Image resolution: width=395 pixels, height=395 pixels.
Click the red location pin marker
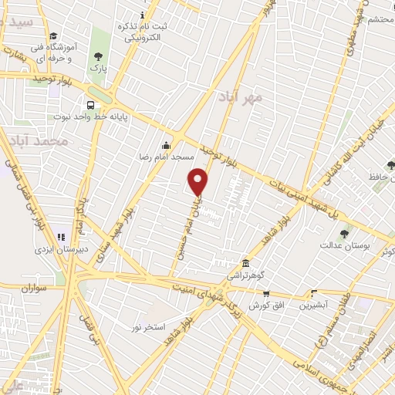[199, 181]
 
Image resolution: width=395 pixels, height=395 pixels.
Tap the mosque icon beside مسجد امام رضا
[166, 145]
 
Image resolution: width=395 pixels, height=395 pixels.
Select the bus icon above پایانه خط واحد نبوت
[91, 105]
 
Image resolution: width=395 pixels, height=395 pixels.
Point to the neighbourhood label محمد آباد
[47, 142]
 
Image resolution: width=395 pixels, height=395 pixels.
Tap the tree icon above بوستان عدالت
[344, 234]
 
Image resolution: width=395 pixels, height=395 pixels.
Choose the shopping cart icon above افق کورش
[266, 293]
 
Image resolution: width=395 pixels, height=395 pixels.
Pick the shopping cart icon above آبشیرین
[313, 293]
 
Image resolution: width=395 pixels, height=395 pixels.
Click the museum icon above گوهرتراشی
[245, 263]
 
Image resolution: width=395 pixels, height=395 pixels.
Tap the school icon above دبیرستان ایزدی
[79, 237]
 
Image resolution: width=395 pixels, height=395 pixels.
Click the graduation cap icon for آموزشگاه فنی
[53, 36]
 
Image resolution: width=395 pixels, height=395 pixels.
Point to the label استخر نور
[147, 328]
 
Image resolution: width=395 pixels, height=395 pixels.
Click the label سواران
[35, 287]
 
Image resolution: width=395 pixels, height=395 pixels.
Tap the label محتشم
[381, 19]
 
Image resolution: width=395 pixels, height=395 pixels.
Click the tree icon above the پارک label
[98, 56]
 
